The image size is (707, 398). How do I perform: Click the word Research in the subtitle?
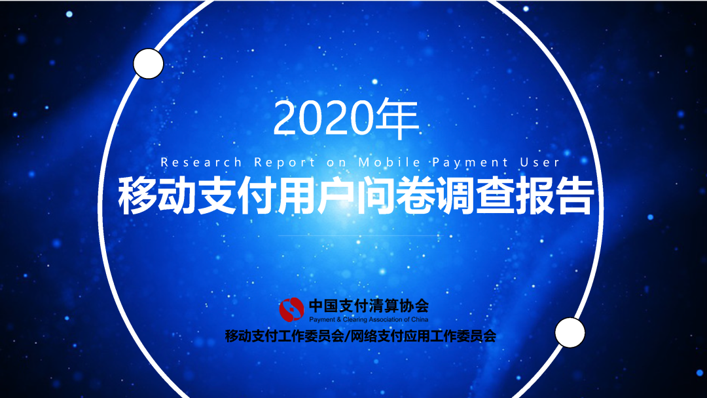click(x=201, y=162)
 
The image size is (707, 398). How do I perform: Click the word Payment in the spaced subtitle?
click(x=470, y=162)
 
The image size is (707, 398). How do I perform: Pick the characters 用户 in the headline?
click(x=316, y=195)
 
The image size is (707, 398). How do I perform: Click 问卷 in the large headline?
click(x=395, y=195)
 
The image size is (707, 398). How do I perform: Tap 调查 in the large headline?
click(x=475, y=195)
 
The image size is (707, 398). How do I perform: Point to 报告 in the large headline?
click(x=554, y=195)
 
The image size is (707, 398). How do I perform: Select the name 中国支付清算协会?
click(x=369, y=306)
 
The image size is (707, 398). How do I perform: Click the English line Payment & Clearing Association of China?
click(x=369, y=319)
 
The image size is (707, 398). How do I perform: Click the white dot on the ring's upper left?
click(x=149, y=64)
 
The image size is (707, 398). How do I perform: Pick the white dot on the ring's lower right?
click(x=570, y=332)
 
